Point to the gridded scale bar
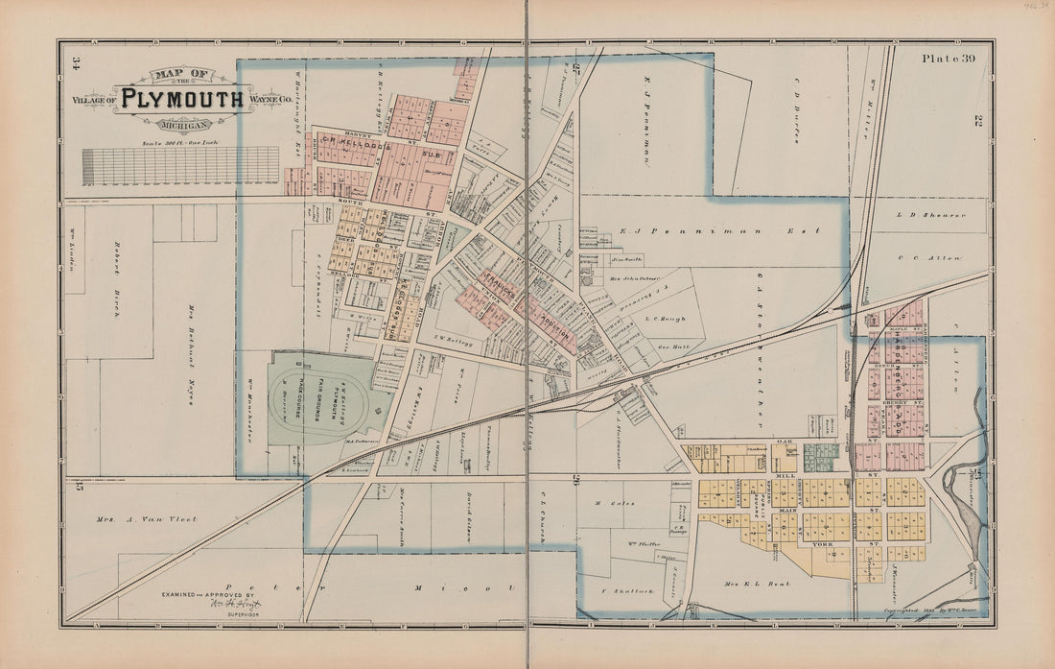(181, 165)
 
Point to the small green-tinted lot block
(821, 457)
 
